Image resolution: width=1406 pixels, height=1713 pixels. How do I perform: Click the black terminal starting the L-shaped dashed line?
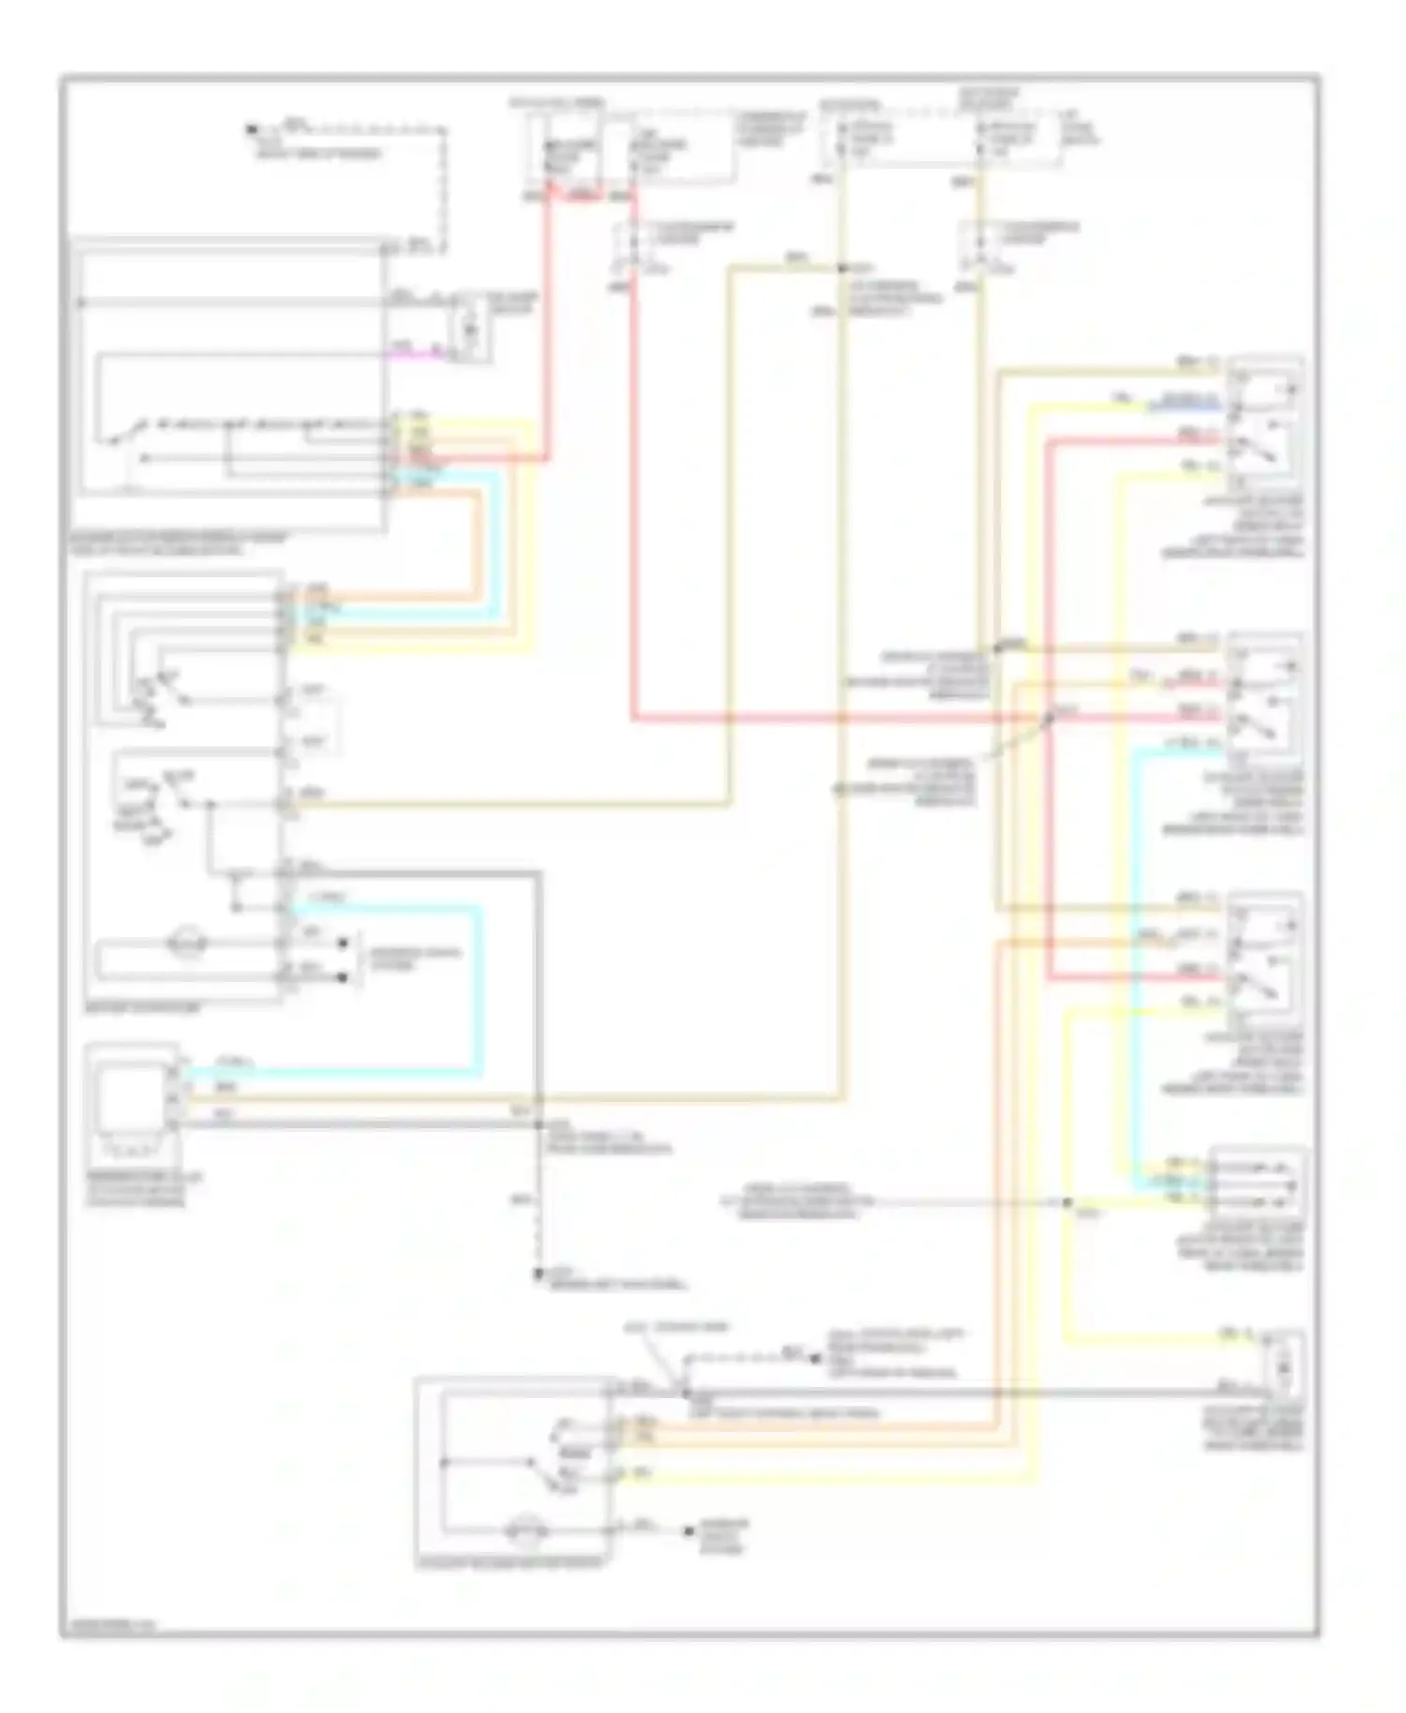point(252,129)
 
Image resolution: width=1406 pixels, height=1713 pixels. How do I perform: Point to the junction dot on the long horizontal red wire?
point(1050,720)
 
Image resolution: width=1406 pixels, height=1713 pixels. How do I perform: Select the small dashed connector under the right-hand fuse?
point(978,246)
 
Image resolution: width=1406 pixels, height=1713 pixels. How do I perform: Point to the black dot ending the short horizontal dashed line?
point(815,1354)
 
